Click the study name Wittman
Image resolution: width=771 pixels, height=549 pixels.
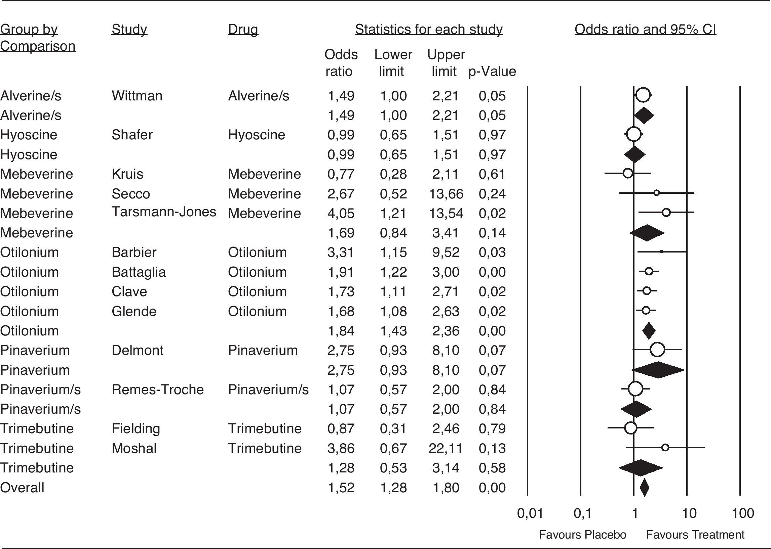click(x=137, y=96)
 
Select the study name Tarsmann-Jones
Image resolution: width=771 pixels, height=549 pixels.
click(x=164, y=212)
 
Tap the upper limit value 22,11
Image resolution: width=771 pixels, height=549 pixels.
click(x=446, y=448)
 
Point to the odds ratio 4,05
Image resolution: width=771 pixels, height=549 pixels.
click(x=341, y=213)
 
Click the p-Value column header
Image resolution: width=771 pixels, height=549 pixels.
click(x=492, y=71)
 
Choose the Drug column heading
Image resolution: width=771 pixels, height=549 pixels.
click(x=243, y=30)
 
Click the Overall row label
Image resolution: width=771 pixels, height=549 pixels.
click(x=22, y=488)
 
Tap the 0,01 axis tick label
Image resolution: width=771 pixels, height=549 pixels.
click(x=530, y=513)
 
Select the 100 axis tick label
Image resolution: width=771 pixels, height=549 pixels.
click(x=742, y=513)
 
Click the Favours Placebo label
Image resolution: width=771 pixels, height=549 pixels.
click(x=582, y=535)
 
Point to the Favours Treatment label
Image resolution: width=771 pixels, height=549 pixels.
click(x=695, y=535)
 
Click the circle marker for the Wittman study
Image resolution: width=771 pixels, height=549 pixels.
click(x=643, y=95)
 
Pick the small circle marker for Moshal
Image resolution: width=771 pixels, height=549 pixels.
click(x=665, y=448)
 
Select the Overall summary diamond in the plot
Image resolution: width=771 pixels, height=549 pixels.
click(x=644, y=488)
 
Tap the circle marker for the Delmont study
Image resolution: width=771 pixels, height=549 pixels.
click(x=657, y=350)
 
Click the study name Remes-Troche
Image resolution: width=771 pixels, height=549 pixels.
click(x=157, y=390)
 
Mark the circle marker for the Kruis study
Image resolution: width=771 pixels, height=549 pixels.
click(x=627, y=173)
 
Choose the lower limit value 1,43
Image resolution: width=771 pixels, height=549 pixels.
click(x=393, y=331)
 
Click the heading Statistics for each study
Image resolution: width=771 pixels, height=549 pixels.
click(x=428, y=30)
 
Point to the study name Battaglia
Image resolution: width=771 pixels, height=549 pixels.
click(x=139, y=272)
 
